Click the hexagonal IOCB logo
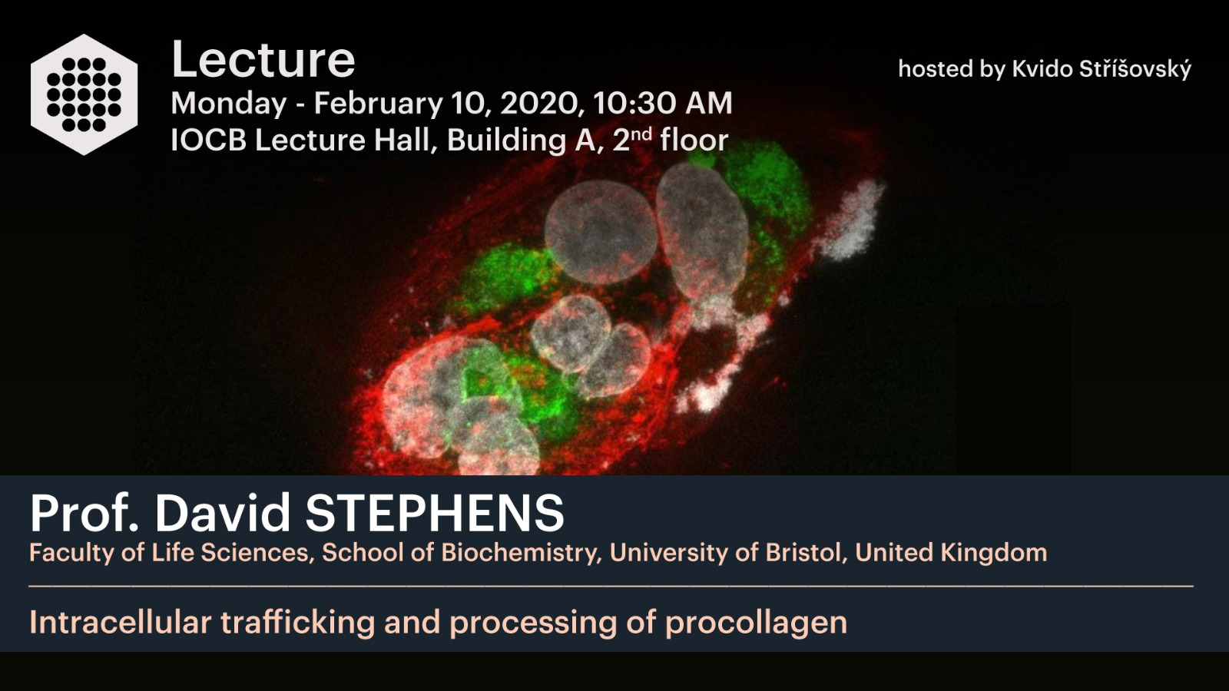point(84,94)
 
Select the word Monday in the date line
point(228,104)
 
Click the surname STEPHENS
point(435,514)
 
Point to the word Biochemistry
point(518,553)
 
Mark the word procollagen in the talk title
point(756,623)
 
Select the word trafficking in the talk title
point(298,623)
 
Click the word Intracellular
point(121,623)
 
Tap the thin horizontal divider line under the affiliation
point(611,587)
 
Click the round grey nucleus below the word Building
point(600,232)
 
